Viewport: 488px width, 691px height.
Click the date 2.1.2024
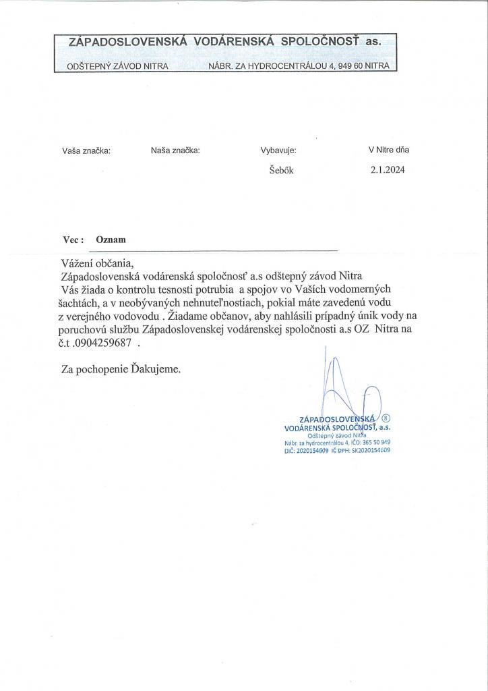[x=387, y=170]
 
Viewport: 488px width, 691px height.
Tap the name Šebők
[x=281, y=171]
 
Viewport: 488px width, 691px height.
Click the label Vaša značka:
[x=86, y=151]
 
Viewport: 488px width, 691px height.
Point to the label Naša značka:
[x=175, y=150]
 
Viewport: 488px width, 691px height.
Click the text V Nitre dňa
[x=388, y=150]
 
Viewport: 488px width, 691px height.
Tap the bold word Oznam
[x=111, y=240]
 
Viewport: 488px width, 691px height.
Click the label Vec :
[x=73, y=240]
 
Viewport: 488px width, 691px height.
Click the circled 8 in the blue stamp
[x=386, y=418]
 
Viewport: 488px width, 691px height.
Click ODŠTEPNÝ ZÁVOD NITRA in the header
[x=118, y=66]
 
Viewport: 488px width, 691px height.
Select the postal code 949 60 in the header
[x=355, y=66]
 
